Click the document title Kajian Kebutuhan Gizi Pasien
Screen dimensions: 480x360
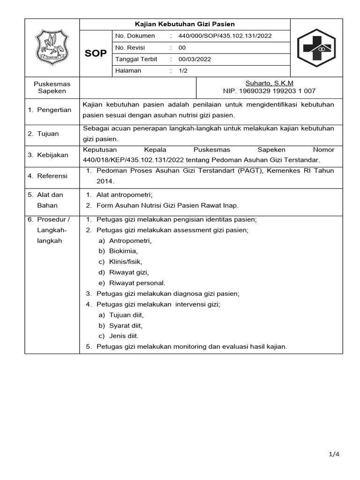(185, 24)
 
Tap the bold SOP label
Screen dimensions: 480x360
(96, 53)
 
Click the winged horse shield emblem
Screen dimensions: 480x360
(52, 48)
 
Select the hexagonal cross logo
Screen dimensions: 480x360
(316, 48)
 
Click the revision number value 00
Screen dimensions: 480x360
(182, 48)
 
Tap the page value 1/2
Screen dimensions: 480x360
(183, 71)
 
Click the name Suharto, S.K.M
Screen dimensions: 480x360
(269, 83)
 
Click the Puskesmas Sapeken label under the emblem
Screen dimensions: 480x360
(52, 87)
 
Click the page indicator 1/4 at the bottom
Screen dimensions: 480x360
(333, 454)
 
